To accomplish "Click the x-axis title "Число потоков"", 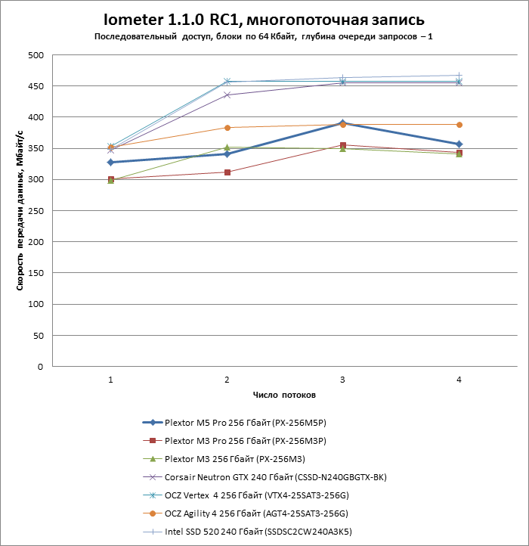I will tap(284, 396).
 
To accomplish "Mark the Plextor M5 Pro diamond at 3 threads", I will tap(342, 123).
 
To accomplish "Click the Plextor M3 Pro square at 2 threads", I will tap(227, 172).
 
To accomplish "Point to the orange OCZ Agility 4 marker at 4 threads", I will tap(459, 125).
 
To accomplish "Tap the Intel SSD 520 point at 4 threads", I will tap(459, 76).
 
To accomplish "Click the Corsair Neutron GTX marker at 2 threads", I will tap(227, 95).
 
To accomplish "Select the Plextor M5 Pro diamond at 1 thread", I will tap(110, 162).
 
